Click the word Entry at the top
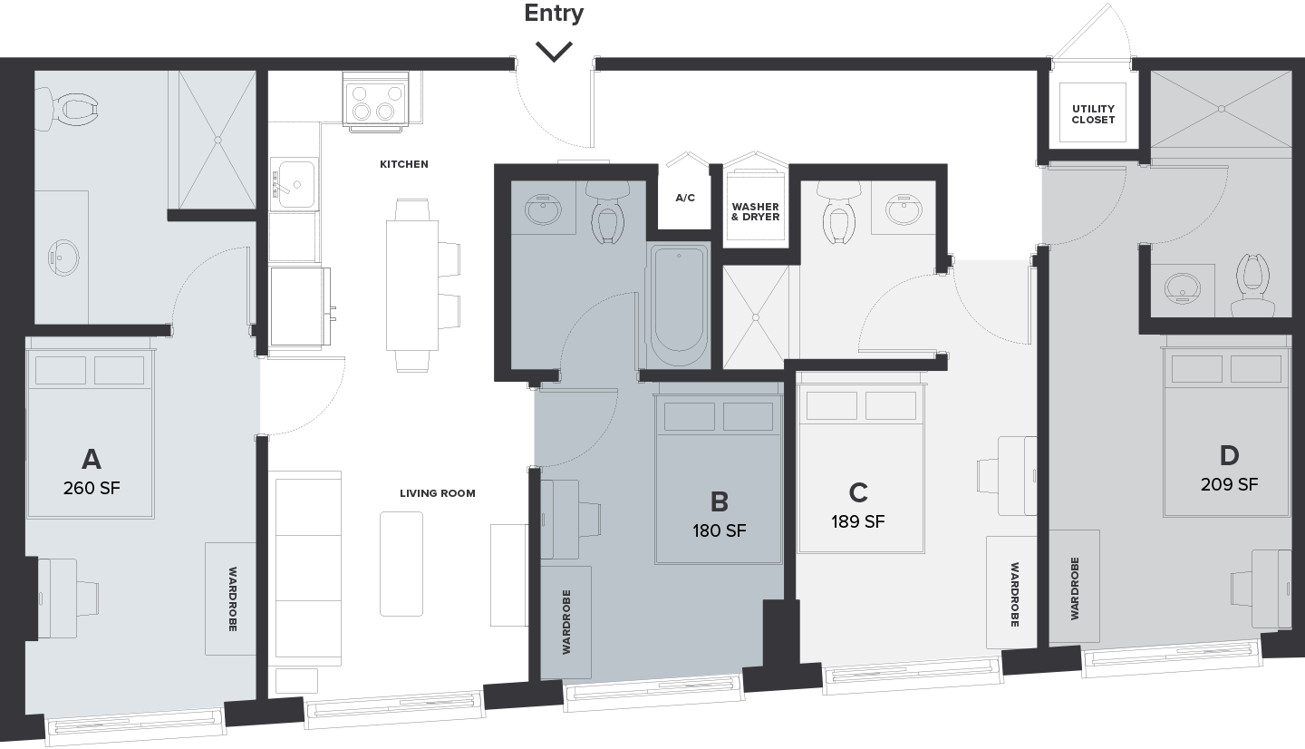click(x=554, y=13)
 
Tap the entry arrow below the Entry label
click(x=554, y=52)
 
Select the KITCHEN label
click(x=404, y=164)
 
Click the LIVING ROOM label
click(x=438, y=493)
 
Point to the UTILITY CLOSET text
click(x=1093, y=114)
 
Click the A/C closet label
click(x=685, y=199)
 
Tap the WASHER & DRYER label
click(x=756, y=211)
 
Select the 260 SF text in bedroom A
click(x=92, y=488)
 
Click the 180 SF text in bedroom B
click(x=719, y=530)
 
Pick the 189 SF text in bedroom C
click(x=857, y=521)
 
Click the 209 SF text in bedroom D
click(x=1229, y=484)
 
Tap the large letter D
click(x=1229, y=455)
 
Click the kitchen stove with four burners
click(x=376, y=101)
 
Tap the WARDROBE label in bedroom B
click(x=565, y=622)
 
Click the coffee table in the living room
click(x=401, y=564)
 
